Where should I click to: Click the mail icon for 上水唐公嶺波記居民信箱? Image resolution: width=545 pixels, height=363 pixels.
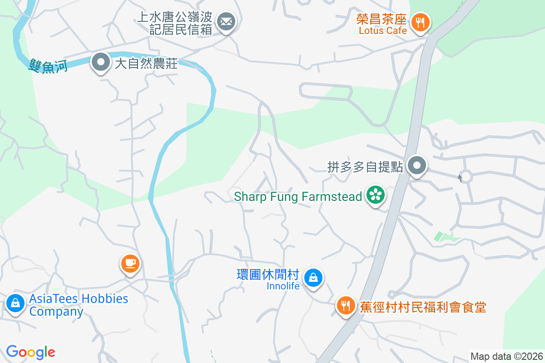pyautogui.click(x=226, y=21)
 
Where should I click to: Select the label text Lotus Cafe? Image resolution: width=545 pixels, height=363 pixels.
pyautogui.click(x=383, y=31)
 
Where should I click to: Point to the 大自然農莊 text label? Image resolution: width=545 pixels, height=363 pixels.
pyautogui.click(x=146, y=63)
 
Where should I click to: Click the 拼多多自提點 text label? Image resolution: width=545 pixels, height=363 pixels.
pyautogui.click(x=365, y=167)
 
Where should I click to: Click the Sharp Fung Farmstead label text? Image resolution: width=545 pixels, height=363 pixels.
pyautogui.click(x=298, y=197)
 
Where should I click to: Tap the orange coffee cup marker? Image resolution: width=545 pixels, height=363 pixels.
pyautogui.click(x=130, y=263)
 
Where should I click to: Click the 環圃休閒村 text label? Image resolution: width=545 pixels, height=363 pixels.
pyautogui.click(x=268, y=275)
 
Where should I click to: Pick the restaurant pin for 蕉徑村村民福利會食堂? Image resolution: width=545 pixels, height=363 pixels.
pyautogui.click(x=346, y=305)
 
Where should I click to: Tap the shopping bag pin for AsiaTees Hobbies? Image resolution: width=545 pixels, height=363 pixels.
pyautogui.click(x=15, y=302)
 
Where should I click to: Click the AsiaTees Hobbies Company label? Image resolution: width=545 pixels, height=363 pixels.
pyautogui.click(x=79, y=305)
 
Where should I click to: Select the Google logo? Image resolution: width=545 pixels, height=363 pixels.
pyautogui.click(x=30, y=352)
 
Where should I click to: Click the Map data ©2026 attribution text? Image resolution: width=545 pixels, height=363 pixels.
pyautogui.click(x=506, y=356)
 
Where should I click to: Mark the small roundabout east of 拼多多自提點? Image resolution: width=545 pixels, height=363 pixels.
pyautogui.click(x=465, y=176)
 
